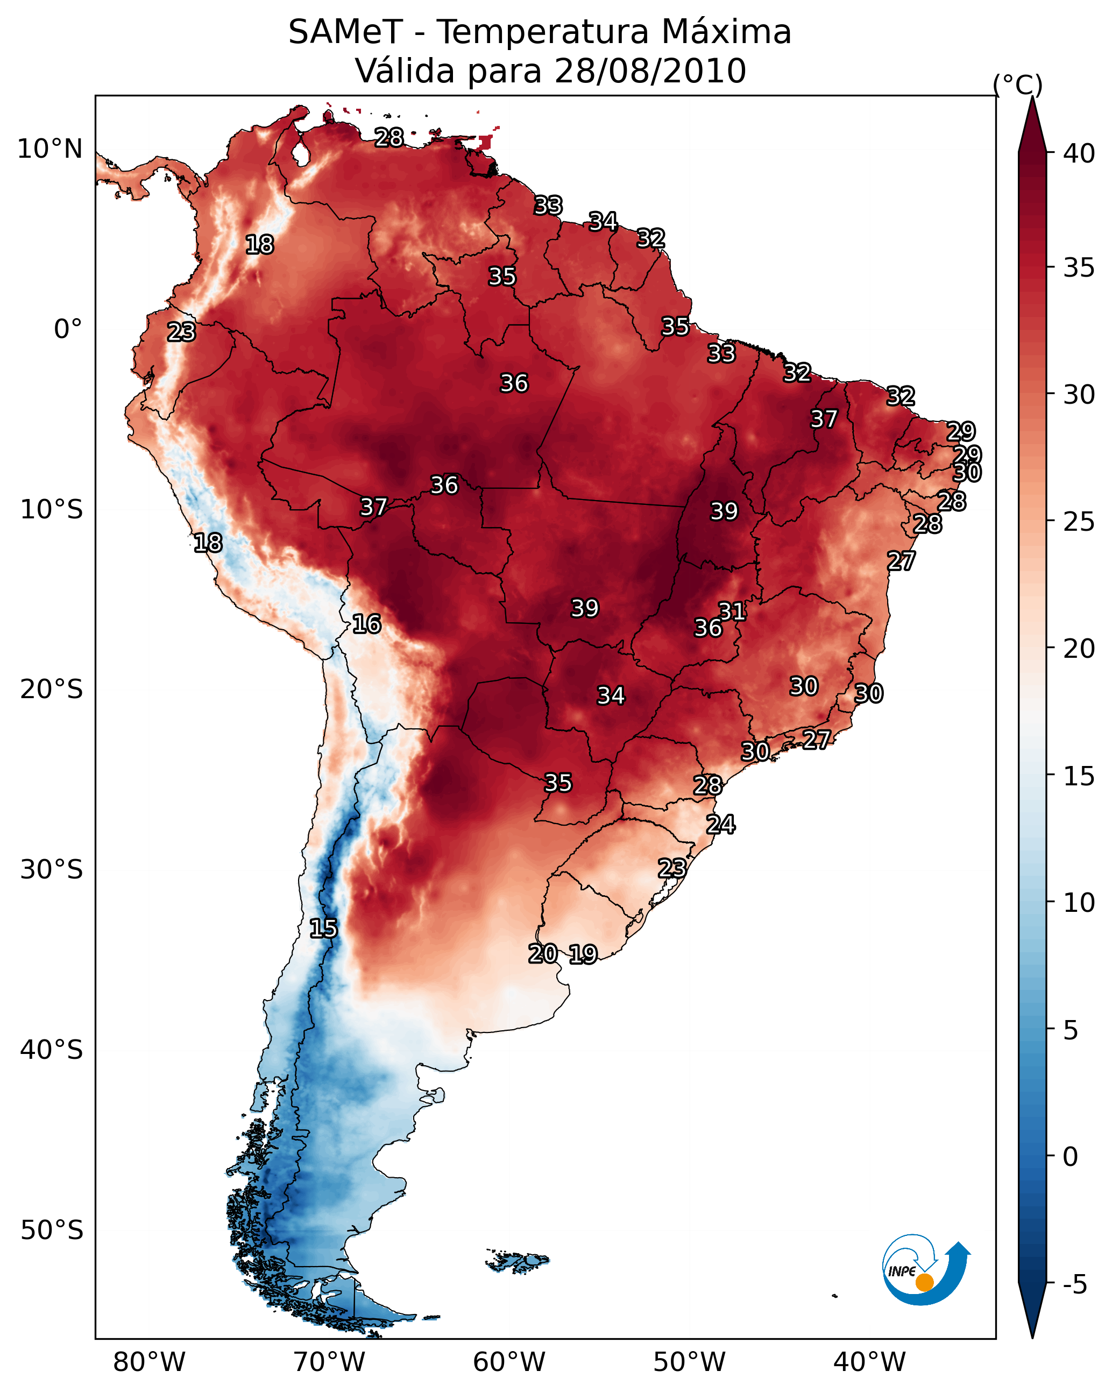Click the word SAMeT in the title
[345, 32]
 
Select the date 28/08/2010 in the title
[650, 71]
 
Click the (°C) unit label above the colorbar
[1017, 85]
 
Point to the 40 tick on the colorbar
[1079, 153]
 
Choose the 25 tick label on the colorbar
[1079, 522]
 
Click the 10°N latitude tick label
[49, 149]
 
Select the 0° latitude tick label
[68, 329]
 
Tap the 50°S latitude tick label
[52, 1231]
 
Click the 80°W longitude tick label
[149, 1362]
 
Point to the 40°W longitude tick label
[869, 1362]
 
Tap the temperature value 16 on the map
[366, 624]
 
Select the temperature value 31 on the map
[733, 611]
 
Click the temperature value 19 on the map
[583, 954]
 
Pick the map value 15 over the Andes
[323, 929]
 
